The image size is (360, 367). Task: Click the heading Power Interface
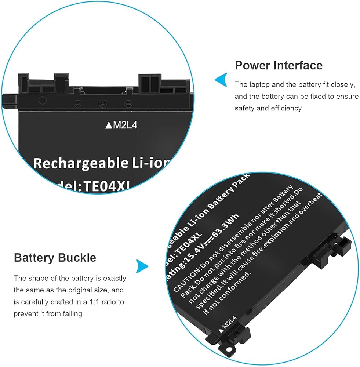coord(279,65)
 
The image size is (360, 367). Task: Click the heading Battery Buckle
coord(55,258)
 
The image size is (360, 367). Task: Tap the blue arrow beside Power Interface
coord(221,80)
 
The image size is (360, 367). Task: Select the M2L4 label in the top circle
coord(121,126)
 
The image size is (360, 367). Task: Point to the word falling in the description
coord(72,314)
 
